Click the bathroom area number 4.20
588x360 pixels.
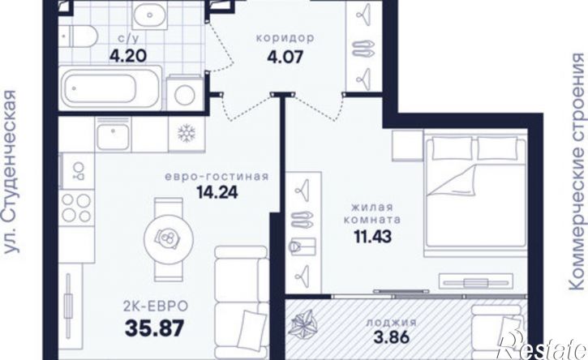pyautogui.click(x=127, y=56)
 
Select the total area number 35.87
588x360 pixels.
pyautogui.click(x=154, y=328)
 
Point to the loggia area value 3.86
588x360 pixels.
pyautogui.click(x=391, y=338)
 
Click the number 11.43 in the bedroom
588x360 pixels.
pyautogui.click(x=373, y=237)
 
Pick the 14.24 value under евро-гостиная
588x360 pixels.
pyautogui.click(x=217, y=192)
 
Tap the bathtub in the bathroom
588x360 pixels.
pyautogui.click(x=110, y=88)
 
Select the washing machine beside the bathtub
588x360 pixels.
pyautogui.click(x=184, y=92)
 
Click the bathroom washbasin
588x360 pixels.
pyautogui.click(x=150, y=15)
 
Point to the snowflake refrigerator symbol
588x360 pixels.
pyautogui.click(x=187, y=134)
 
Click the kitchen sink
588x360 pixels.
pyautogui.click(x=113, y=137)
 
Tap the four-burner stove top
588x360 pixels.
pyautogui.click(x=76, y=208)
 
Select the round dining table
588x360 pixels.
pyautogui.click(x=170, y=238)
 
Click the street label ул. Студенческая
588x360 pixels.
pyautogui.click(x=11, y=172)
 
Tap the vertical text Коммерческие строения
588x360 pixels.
pyautogui.click(x=577, y=171)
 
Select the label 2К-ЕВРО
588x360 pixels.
pyautogui.click(x=156, y=306)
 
